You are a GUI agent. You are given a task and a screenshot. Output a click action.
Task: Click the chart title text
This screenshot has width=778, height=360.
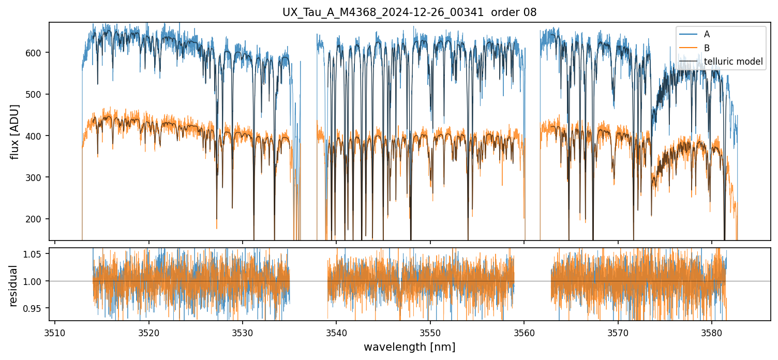tap(409, 12)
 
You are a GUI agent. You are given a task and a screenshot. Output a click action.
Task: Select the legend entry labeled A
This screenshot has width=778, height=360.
tap(707, 34)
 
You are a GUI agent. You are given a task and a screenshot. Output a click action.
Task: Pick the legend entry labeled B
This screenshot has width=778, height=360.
tap(707, 48)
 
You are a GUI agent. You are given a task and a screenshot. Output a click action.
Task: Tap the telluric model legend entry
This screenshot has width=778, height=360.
tap(733, 62)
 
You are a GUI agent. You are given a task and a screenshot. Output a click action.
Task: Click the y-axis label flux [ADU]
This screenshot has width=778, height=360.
tap(15, 131)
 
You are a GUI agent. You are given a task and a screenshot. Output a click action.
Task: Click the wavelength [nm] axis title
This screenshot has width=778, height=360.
tap(409, 347)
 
